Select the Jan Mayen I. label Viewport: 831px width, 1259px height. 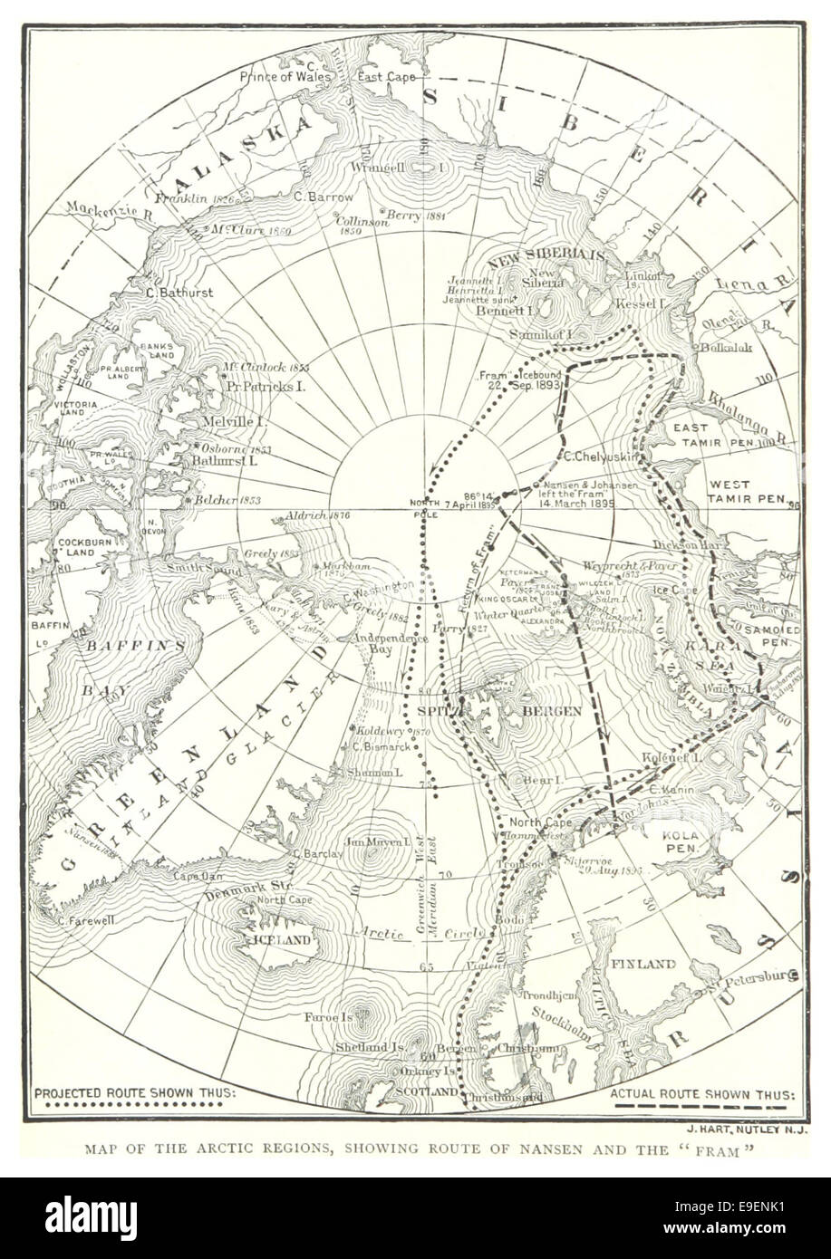(x=367, y=841)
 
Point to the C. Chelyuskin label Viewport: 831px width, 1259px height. (x=602, y=457)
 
